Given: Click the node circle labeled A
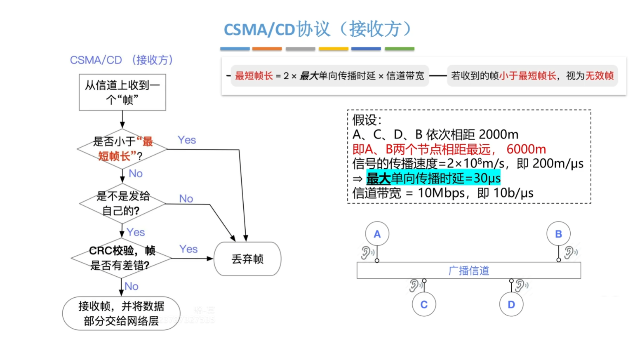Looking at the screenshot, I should [377, 234].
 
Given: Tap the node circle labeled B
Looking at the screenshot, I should [558, 234].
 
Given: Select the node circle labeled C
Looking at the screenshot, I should [424, 305].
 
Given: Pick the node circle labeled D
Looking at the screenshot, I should [511, 305].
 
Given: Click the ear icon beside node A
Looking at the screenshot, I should [366, 252].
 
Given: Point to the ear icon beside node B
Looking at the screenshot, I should [570, 252].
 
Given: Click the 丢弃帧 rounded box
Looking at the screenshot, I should [247, 259].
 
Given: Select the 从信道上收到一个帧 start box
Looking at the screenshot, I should [122, 92].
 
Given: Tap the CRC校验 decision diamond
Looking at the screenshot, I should [121, 258].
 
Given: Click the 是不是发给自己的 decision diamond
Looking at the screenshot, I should [122, 203].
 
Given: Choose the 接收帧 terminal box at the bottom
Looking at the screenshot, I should [121, 313].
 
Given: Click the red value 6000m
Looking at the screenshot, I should [526, 149].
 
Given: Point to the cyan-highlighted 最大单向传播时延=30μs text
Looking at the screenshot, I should [433, 178].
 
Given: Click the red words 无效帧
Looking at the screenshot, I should [600, 75].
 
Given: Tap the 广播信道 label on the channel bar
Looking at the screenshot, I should [469, 271].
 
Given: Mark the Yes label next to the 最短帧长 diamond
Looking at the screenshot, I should [187, 140].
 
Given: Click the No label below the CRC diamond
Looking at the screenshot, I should [132, 286].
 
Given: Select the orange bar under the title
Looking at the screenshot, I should [267, 49].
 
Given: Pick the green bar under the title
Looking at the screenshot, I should [399, 49].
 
